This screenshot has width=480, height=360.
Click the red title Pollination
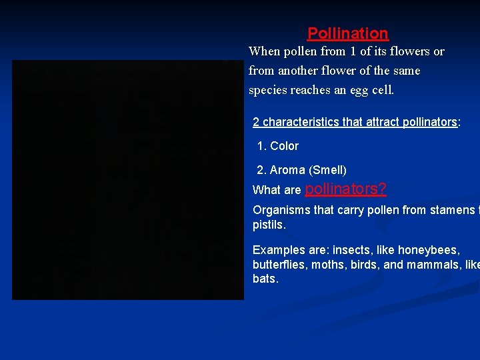pyautogui.click(x=347, y=33)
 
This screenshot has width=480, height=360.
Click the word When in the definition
pyautogui.click(x=264, y=51)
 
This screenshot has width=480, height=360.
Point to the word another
pyautogui.click(x=299, y=71)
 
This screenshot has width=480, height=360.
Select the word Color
pyautogui.click(x=284, y=146)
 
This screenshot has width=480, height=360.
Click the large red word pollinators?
pyautogui.click(x=345, y=189)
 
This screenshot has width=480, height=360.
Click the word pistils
pyautogui.click(x=268, y=225)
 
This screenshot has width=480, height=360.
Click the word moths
pyautogui.click(x=329, y=264)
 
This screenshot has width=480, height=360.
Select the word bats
pyautogui.click(x=264, y=279)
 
